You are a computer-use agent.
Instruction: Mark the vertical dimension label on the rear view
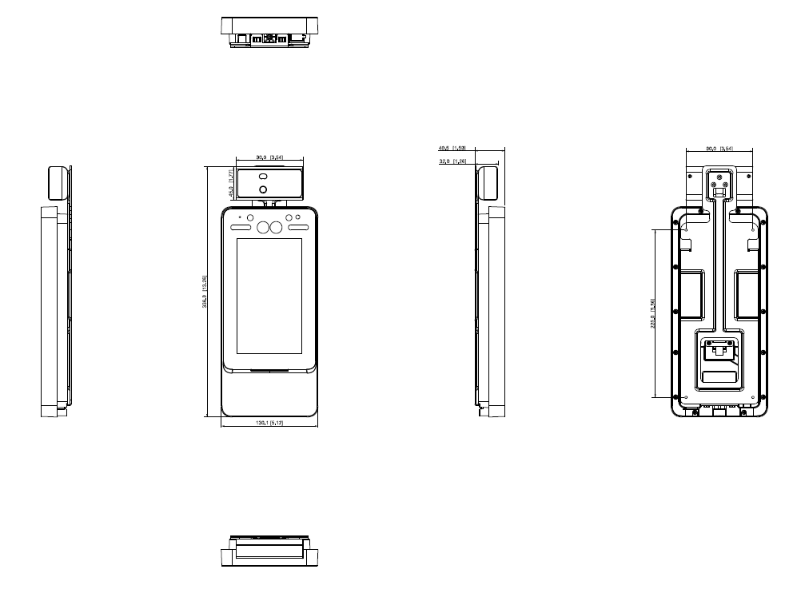click(x=653, y=312)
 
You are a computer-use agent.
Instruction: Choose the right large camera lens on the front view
click(x=276, y=228)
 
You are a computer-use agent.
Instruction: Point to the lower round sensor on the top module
click(x=261, y=189)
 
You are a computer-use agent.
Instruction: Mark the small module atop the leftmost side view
click(x=58, y=183)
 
